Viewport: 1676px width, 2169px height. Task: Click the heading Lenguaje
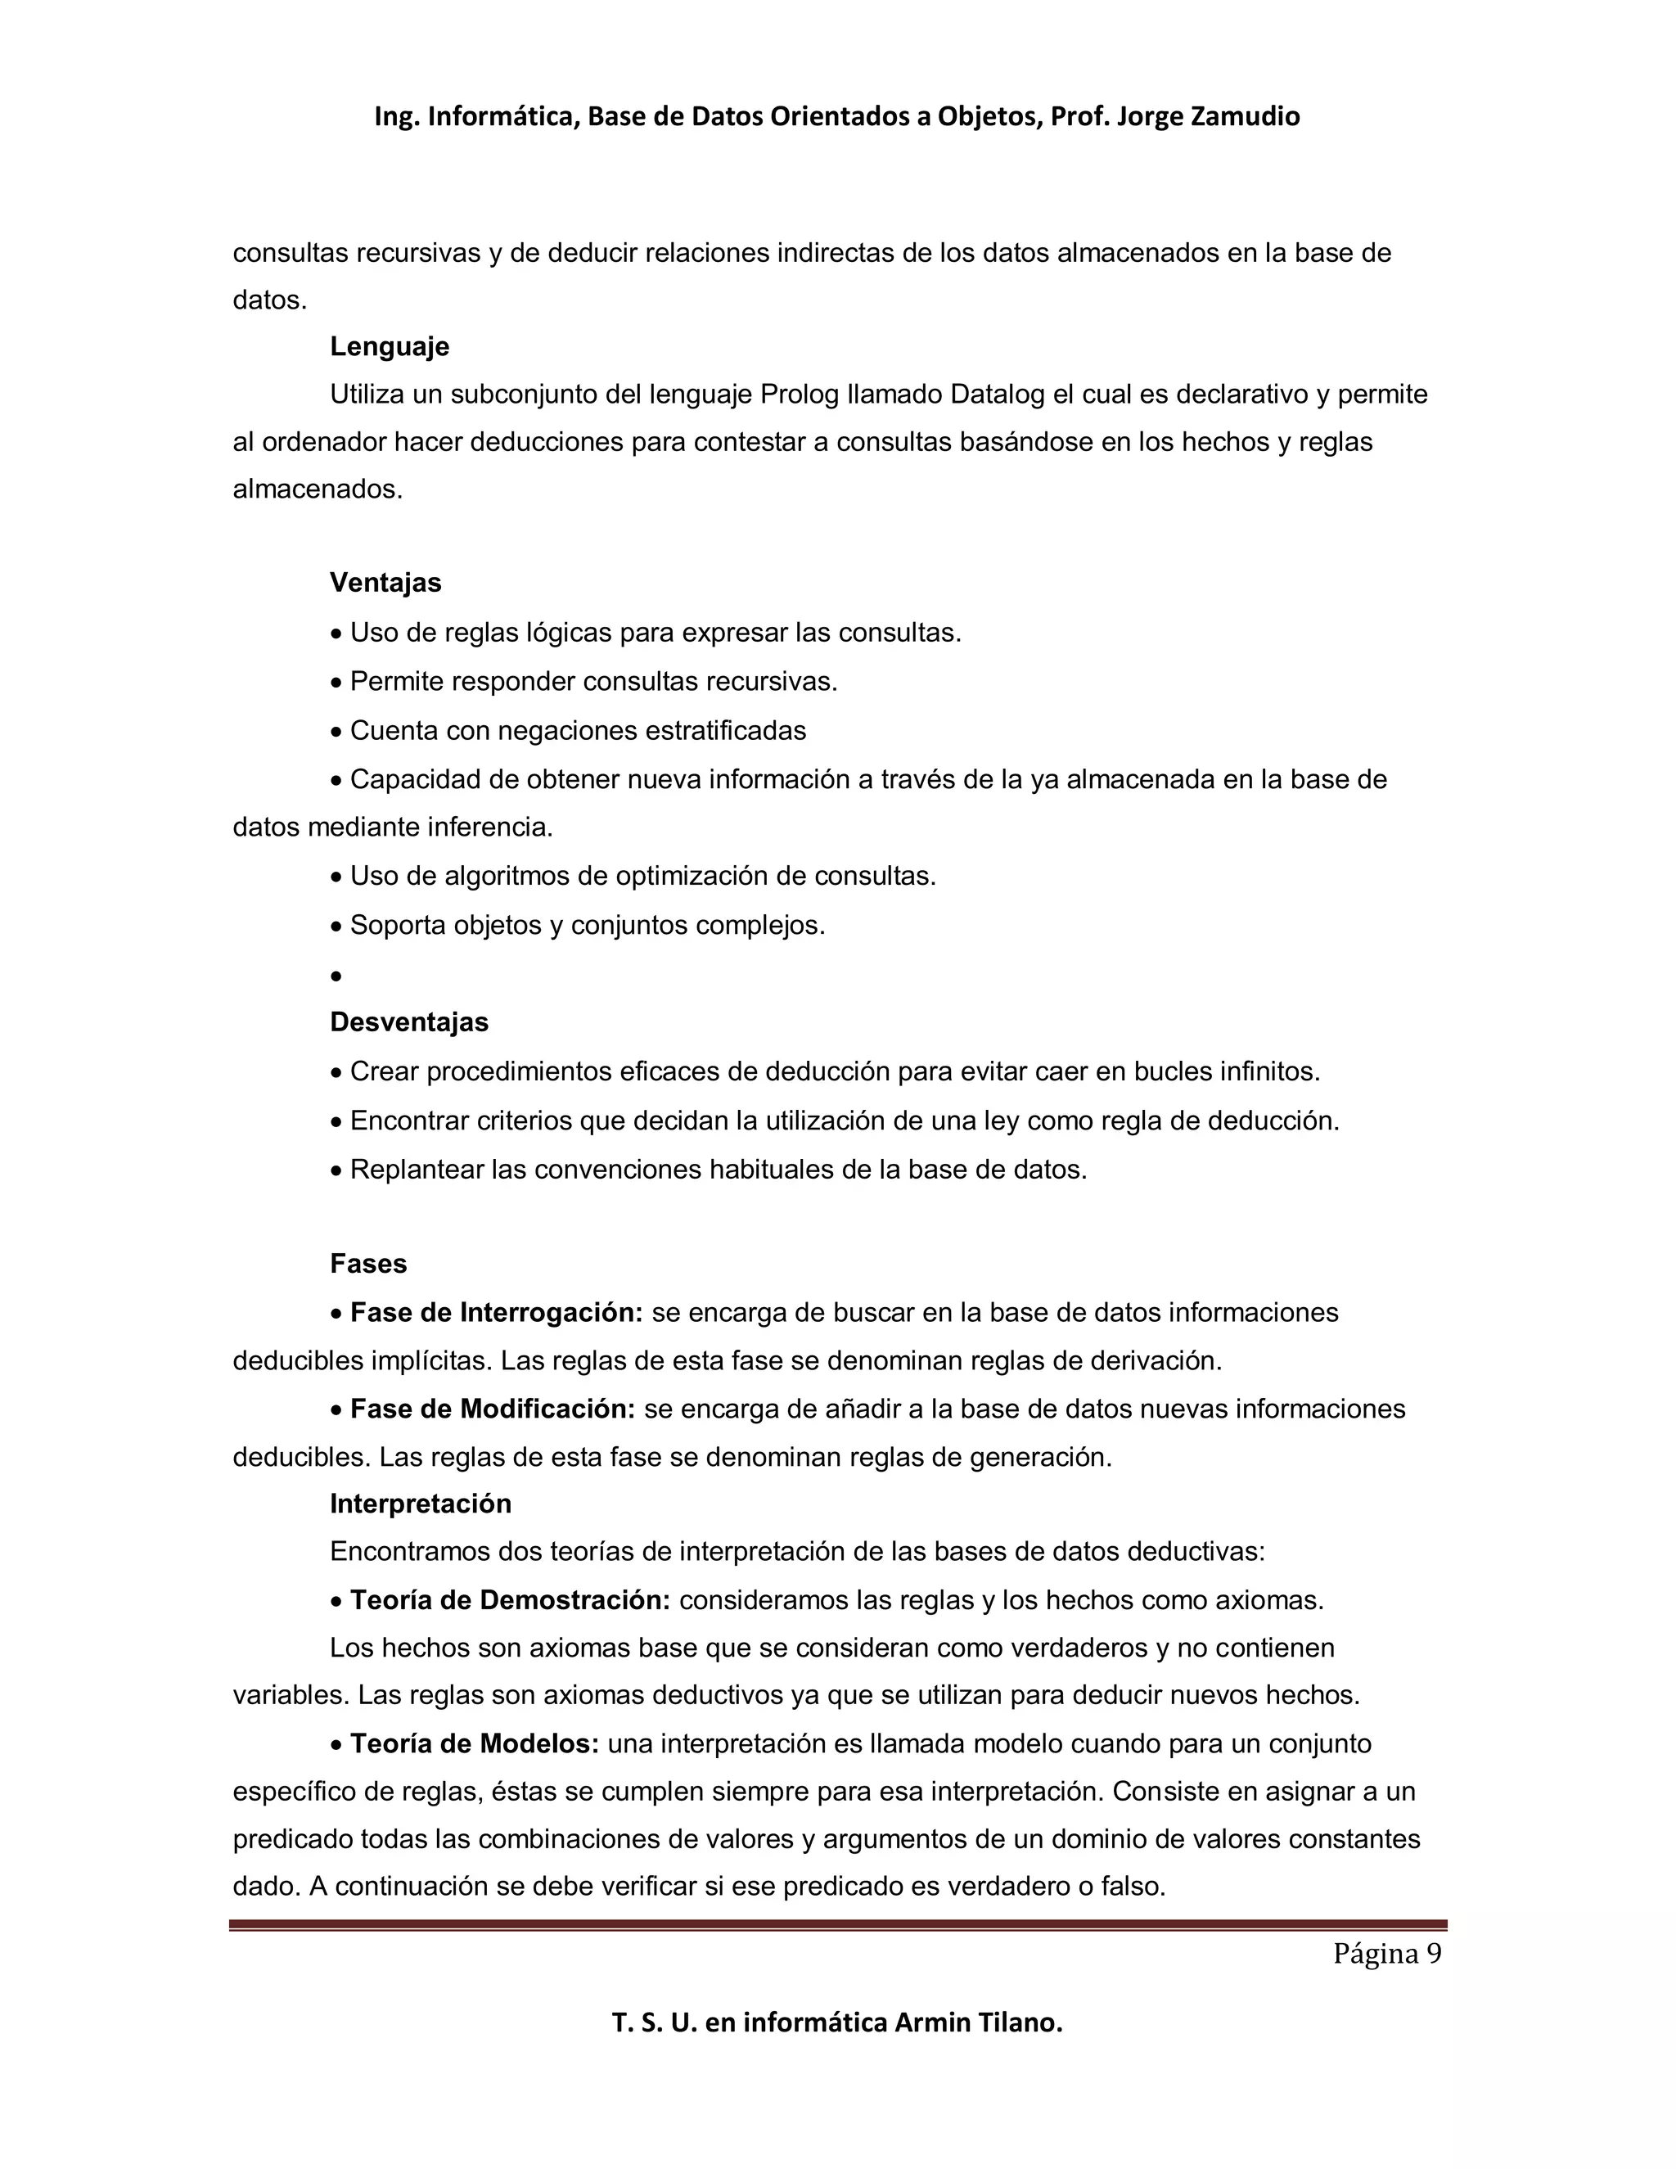click(x=390, y=346)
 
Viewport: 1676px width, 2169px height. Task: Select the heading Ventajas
click(x=385, y=582)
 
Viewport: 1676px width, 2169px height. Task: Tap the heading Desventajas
click(x=409, y=1022)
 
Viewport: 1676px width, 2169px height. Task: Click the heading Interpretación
click(x=420, y=1504)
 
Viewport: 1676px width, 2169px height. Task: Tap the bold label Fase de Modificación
click(x=493, y=1409)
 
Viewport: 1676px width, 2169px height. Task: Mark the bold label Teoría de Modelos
click(x=475, y=1744)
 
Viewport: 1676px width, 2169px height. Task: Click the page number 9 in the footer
click(x=1434, y=1954)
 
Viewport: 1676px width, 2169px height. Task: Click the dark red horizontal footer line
click(x=838, y=1925)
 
